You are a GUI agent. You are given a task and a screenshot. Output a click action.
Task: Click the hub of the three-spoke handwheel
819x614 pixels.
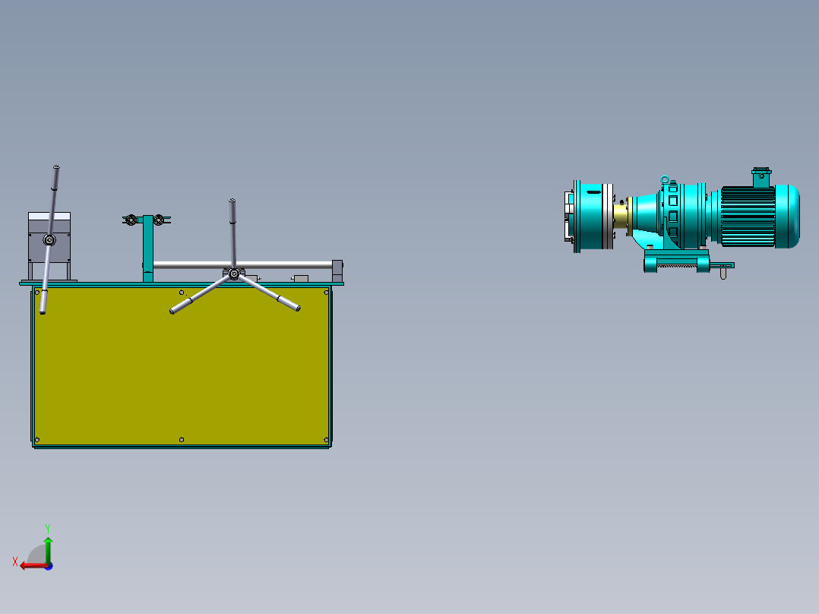tap(233, 274)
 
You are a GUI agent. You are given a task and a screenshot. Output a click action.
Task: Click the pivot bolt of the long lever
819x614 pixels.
tap(49, 240)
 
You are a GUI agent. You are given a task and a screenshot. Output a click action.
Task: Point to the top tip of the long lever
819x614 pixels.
tap(56, 168)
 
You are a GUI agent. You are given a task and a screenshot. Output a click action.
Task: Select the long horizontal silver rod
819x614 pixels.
tap(243, 264)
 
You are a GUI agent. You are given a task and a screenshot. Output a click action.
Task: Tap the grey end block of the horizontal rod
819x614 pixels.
tap(337, 267)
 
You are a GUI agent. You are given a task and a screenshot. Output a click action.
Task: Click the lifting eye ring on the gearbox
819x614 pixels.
tap(665, 180)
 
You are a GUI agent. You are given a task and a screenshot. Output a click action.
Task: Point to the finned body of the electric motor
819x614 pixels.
tap(748, 216)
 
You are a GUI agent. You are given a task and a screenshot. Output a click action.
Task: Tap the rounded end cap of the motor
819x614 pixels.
tap(789, 216)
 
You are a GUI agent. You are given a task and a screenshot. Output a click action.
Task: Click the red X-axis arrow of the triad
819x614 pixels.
tap(30, 565)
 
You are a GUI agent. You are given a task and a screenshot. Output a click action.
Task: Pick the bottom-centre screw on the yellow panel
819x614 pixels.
tap(182, 439)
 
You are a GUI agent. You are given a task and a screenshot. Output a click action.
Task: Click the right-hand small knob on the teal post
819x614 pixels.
tap(159, 220)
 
